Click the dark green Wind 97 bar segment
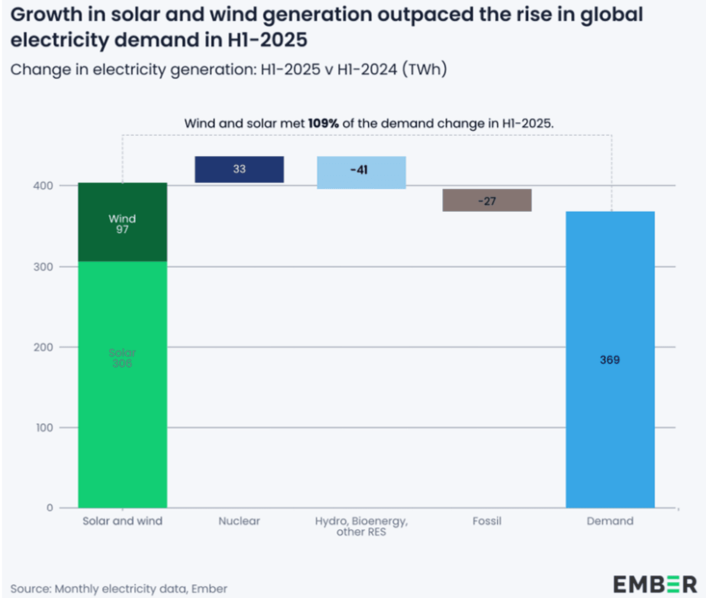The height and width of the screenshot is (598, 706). click(122, 222)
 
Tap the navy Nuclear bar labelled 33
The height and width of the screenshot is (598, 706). click(239, 170)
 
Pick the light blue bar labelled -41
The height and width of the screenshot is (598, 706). click(361, 172)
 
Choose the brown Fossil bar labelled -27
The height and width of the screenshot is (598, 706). click(487, 200)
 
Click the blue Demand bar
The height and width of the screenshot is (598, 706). click(610, 420)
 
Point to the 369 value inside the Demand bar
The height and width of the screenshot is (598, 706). click(610, 360)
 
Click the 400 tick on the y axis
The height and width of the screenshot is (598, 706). click(43, 186)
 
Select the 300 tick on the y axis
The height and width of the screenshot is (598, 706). click(43, 267)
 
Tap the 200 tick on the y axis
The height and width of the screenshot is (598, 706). click(43, 347)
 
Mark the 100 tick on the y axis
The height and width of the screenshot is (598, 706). click(44, 428)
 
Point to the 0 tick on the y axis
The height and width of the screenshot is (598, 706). click(49, 508)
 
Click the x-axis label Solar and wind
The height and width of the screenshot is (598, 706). click(122, 521)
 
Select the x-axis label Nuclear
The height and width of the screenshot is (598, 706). click(239, 521)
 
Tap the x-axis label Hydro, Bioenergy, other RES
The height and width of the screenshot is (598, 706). click(361, 526)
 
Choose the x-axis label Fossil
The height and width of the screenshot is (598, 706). click(487, 521)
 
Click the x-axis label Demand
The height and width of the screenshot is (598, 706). click(610, 521)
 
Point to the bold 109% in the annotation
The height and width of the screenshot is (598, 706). click(323, 124)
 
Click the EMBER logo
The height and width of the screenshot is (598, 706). click(655, 584)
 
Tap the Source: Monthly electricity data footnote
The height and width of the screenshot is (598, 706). click(118, 589)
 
